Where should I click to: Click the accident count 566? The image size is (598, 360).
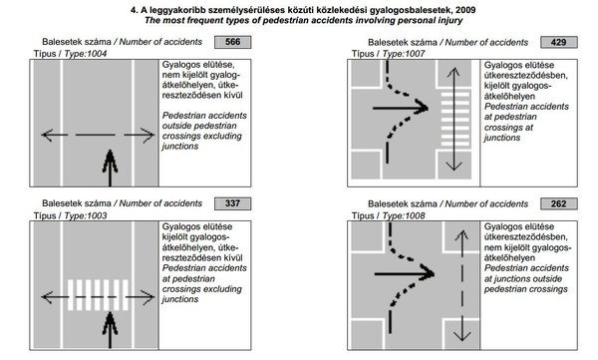(x=232, y=42)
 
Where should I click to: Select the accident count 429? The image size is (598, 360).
(x=559, y=42)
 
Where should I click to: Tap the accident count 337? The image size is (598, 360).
(x=232, y=203)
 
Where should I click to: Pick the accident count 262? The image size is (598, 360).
(x=559, y=203)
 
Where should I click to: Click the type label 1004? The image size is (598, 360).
(x=97, y=54)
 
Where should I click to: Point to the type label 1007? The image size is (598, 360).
(x=415, y=54)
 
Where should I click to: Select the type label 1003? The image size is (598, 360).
(x=97, y=215)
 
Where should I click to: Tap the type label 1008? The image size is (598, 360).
(x=415, y=215)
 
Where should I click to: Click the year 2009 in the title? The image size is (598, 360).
(x=465, y=10)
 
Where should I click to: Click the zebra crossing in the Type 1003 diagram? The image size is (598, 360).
(x=98, y=295)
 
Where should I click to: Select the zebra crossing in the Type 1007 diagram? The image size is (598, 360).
(x=455, y=119)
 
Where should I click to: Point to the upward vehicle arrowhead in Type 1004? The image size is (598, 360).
(x=111, y=161)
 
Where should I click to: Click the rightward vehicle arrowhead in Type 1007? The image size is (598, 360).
(x=422, y=108)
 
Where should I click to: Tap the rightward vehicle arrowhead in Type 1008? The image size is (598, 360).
(x=428, y=273)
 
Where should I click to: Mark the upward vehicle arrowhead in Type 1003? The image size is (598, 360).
(x=111, y=323)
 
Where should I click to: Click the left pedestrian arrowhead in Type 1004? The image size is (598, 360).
(x=47, y=135)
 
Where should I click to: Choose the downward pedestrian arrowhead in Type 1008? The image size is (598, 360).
(x=461, y=335)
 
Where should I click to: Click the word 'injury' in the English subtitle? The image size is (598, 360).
(x=450, y=20)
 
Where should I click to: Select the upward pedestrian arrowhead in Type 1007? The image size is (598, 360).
(x=453, y=73)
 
